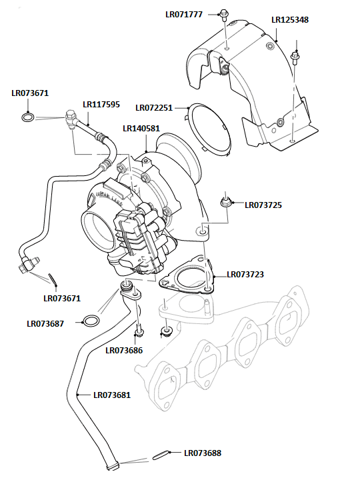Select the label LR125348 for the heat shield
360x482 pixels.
[291, 20]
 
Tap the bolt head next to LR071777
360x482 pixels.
[225, 13]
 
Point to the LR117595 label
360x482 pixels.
[101, 104]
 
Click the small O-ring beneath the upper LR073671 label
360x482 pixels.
[27, 118]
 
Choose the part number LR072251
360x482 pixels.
[154, 107]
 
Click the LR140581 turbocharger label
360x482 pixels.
[141, 128]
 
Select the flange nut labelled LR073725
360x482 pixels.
[227, 199]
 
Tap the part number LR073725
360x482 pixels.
[263, 205]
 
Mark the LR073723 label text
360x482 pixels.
[245, 274]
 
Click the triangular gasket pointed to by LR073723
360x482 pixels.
[188, 277]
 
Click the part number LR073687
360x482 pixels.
[45, 324]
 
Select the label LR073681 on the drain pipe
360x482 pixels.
[112, 395]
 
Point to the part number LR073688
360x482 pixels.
[203, 453]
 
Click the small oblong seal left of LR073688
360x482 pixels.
[161, 455]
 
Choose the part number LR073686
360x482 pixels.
[124, 350]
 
